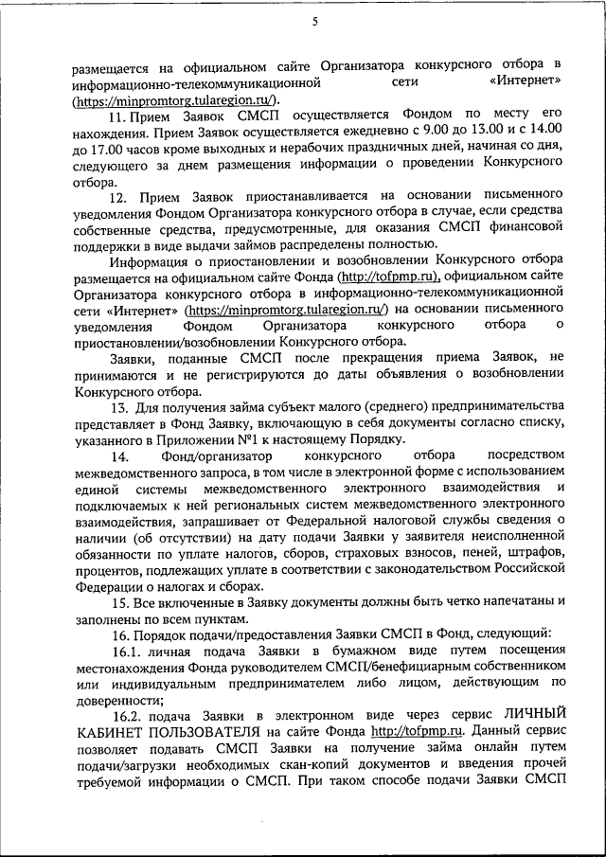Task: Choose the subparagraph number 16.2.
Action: [125, 723]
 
